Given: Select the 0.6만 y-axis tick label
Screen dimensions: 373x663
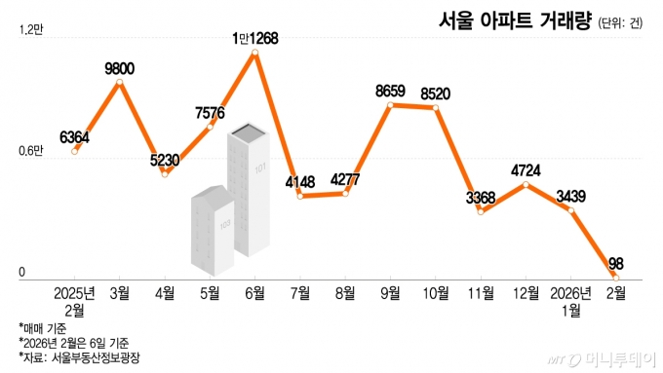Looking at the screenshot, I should (31, 150).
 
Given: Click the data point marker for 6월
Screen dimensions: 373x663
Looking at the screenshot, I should (255, 54).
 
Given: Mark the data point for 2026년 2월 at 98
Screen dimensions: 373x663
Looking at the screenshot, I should (615, 276).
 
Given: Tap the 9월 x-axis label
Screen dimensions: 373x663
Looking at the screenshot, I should (390, 291).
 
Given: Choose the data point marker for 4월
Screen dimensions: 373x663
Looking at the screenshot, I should (165, 173).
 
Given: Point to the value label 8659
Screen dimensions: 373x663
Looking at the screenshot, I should (390, 92).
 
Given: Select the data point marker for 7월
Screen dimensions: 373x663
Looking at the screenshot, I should (300, 196).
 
